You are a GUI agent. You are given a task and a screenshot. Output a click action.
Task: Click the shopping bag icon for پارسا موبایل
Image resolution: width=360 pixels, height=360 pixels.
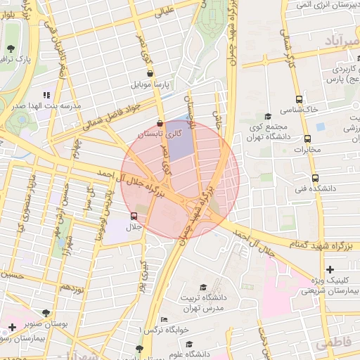(x=150, y=73)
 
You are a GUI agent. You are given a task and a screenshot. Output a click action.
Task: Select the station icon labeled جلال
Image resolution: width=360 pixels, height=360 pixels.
(x=134, y=216)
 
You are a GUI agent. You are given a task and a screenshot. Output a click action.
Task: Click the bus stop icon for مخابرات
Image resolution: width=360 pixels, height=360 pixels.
(x=307, y=139)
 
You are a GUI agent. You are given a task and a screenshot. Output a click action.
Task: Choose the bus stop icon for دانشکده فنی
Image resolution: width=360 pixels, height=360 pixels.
(x=314, y=178)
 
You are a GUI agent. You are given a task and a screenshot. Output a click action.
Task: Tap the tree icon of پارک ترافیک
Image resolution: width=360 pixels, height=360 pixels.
(x=11, y=48)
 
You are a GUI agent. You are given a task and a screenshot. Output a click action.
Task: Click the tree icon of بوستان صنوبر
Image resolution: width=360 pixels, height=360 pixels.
(x=46, y=312)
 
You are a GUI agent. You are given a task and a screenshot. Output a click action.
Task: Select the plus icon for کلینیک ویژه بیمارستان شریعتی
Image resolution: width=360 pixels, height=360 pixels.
(x=330, y=269)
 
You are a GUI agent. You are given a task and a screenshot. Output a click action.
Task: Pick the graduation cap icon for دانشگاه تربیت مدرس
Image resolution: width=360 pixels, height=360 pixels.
(x=203, y=287)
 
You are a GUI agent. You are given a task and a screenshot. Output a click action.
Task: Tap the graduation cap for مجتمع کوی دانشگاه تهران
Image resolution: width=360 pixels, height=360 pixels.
(x=267, y=117)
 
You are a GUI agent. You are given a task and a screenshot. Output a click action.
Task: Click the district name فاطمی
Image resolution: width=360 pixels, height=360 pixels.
(x=333, y=344)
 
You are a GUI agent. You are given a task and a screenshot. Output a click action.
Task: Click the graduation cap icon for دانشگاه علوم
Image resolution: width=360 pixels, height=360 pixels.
(x=189, y=345)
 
